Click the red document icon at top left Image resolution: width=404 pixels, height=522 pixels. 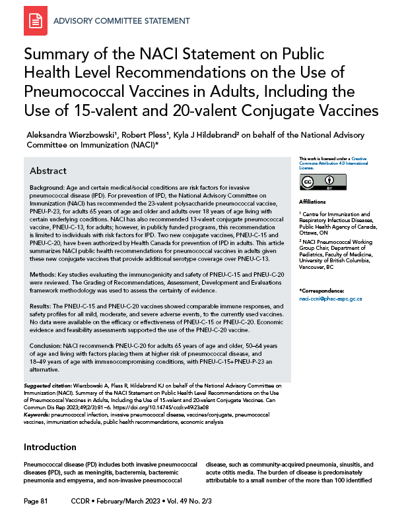[35, 22]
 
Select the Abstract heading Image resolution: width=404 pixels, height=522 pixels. [48, 171]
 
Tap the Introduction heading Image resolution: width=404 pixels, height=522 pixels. [50, 447]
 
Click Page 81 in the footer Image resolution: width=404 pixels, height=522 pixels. [36, 502]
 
